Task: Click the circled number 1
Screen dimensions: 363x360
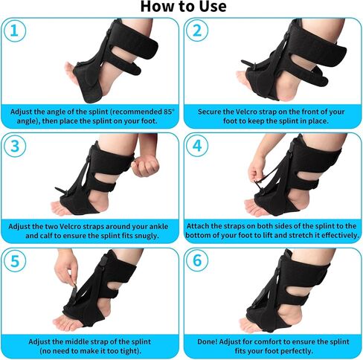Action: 15,31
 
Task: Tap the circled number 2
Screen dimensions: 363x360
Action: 197,31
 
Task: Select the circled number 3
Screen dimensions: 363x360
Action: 15,146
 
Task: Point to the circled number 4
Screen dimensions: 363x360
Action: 197,146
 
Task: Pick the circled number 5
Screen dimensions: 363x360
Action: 15,261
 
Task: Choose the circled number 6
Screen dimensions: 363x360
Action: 197,261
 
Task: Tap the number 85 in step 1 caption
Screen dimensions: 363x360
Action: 167,112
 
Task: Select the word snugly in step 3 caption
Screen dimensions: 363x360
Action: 147,236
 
